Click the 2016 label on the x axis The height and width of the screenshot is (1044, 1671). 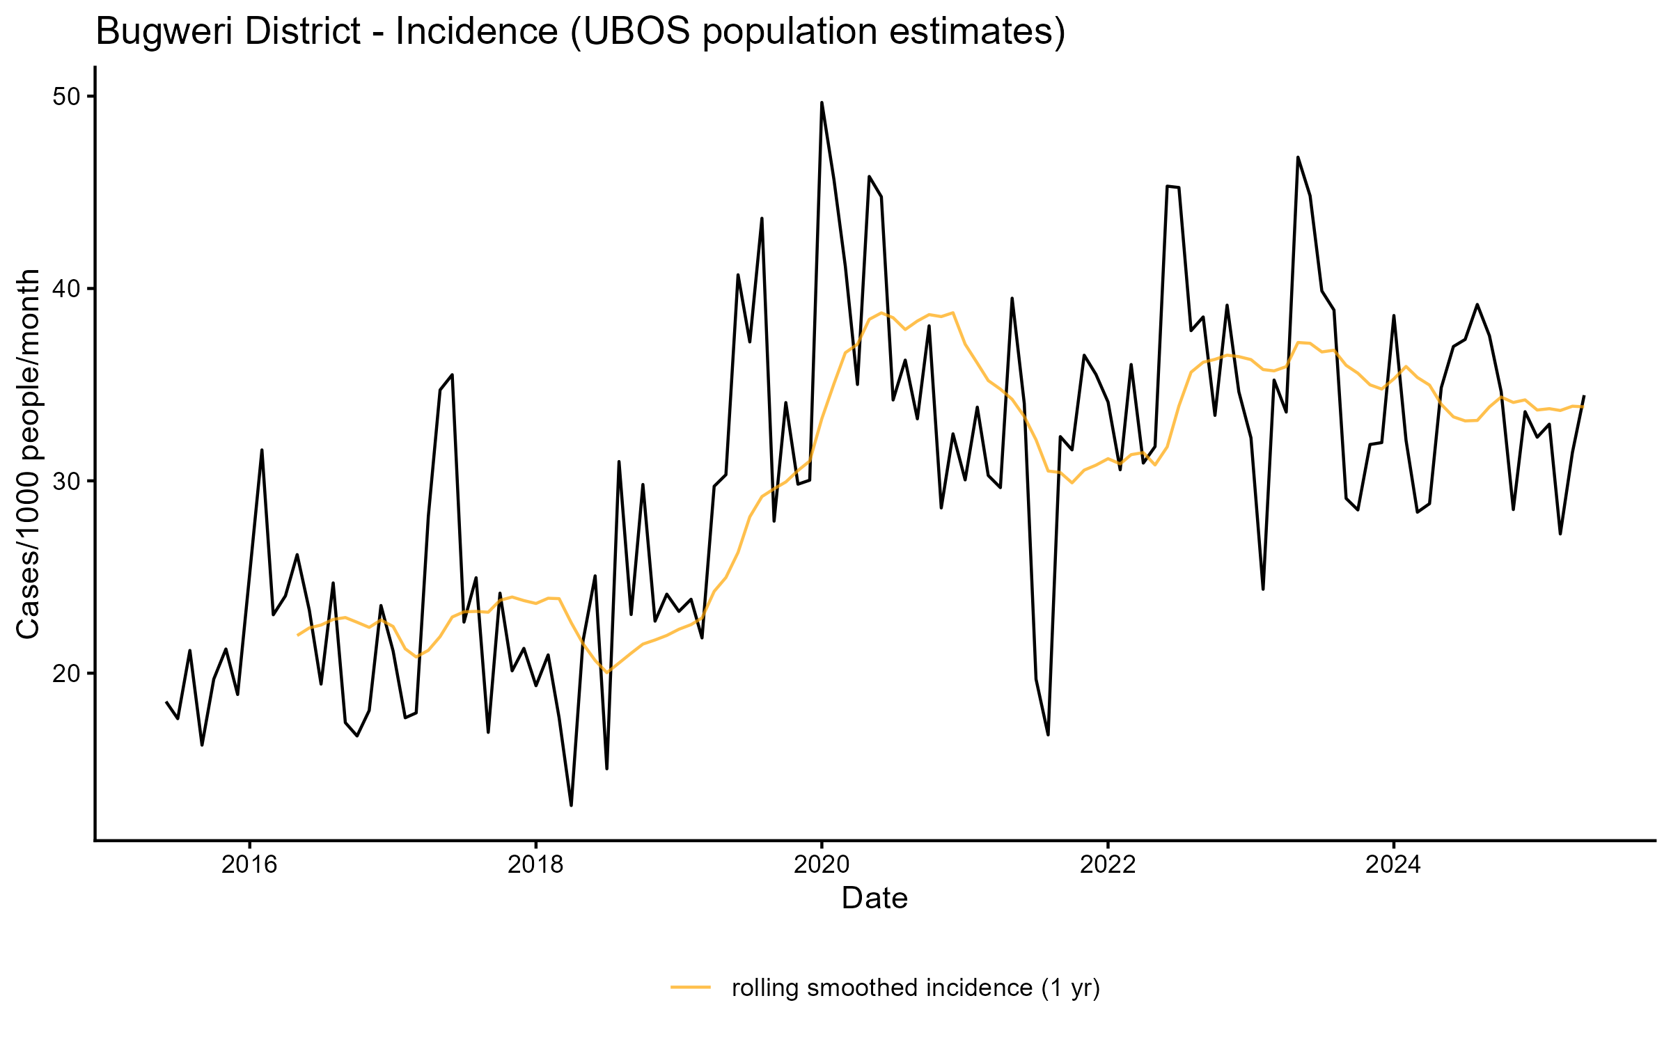pyautogui.click(x=249, y=865)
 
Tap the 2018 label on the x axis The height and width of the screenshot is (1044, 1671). pyautogui.click(x=535, y=865)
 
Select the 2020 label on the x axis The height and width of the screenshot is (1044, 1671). pyautogui.click(x=822, y=865)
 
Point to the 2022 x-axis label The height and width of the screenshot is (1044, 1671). pyautogui.click(x=1107, y=865)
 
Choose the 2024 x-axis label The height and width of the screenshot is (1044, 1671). pyautogui.click(x=1393, y=865)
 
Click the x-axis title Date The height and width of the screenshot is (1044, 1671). pyautogui.click(x=874, y=899)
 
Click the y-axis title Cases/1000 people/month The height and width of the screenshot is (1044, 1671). pyautogui.click(x=29, y=454)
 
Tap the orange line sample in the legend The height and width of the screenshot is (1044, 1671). pyautogui.click(x=691, y=987)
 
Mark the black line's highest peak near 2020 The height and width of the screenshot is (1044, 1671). pyautogui.click(x=822, y=103)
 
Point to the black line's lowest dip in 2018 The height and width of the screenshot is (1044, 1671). pyautogui.click(x=571, y=805)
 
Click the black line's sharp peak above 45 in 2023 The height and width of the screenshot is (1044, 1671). pyautogui.click(x=1298, y=157)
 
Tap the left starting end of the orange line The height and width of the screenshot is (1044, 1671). pyautogui.click(x=298, y=635)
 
